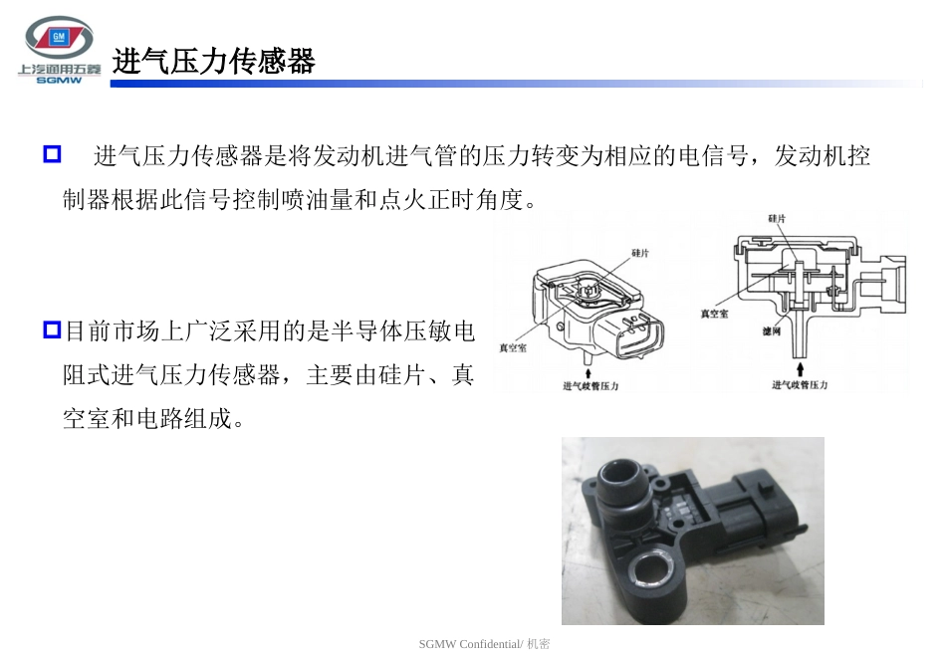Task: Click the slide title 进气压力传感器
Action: click(213, 63)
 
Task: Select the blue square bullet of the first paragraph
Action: click(53, 154)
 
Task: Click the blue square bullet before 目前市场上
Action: click(53, 329)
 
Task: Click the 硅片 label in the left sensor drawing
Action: click(639, 254)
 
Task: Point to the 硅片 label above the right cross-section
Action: click(778, 218)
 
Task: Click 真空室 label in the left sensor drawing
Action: click(515, 348)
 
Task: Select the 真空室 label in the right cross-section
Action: click(714, 313)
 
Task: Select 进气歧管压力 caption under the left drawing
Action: click(591, 386)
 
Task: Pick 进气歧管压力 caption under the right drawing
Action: click(800, 385)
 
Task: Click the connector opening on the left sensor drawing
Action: click(637, 337)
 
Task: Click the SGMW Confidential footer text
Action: click(484, 644)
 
